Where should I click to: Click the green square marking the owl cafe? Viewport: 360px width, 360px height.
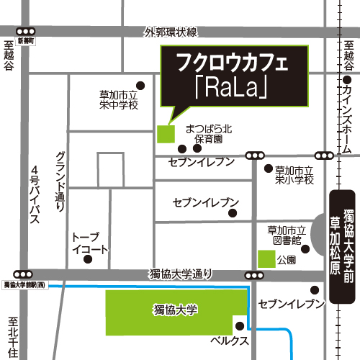[x=165, y=133]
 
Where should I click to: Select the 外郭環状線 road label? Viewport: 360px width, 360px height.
[x=170, y=32]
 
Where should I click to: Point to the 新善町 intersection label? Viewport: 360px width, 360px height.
[x=26, y=42]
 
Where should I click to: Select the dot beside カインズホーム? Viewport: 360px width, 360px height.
[x=348, y=82]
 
